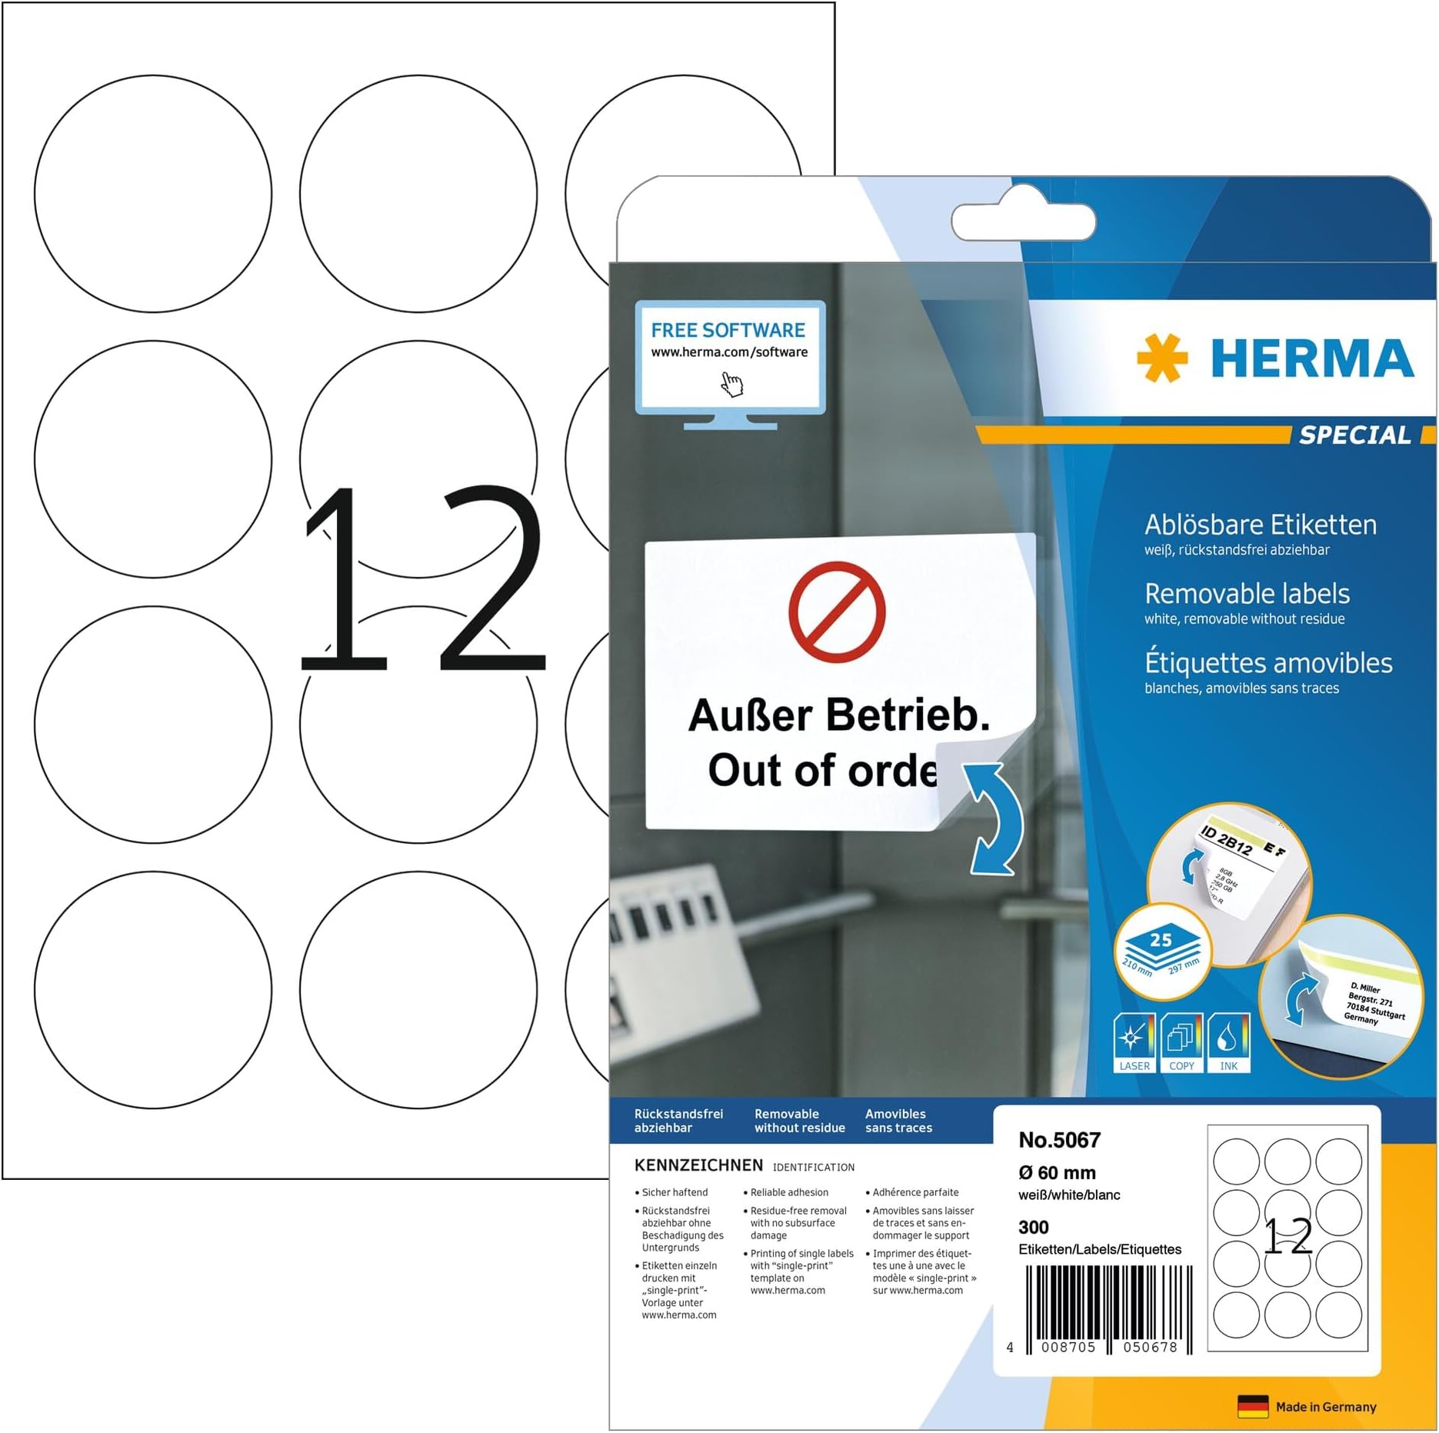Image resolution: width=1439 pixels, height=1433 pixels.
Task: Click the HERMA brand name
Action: click(x=1312, y=358)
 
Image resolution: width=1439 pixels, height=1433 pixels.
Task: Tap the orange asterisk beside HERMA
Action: click(x=1162, y=358)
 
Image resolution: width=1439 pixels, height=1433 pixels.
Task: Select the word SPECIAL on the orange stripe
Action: click(x=1355, y=435)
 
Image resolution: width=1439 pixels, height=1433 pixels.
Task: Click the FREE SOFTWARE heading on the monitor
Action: click(x=728, y=330)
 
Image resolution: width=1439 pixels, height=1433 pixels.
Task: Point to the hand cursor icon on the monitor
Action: click(x=732, y=384)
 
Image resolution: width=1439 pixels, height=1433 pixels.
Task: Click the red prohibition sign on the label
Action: click(x=837, y=612)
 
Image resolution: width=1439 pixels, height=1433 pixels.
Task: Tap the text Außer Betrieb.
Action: click(x=838, y=715)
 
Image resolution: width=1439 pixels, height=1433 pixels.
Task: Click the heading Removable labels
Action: click(x=1247, y=594)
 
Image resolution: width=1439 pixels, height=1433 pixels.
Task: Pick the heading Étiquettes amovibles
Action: click(x=1268, y=663)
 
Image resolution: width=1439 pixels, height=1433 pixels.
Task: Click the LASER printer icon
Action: click(x=1134, y=1043)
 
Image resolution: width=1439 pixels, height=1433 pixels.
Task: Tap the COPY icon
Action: click(x=1181, y=1043)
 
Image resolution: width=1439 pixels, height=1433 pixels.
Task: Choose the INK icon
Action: click(x=1228, y=1043)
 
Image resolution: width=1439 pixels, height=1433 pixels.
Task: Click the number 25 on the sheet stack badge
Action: click(x=1161, y=940)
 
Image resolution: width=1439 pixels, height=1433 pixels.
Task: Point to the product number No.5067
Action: click(x=1059, y=1140)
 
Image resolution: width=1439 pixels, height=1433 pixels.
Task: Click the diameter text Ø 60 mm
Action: click(x=1057, y=1173)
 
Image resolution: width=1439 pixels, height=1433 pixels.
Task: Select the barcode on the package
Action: click(x=1108, y=1308)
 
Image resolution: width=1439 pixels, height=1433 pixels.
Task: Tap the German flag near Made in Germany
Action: click(x=1253, y=1407)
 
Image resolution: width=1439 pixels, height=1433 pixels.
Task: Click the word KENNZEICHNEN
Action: click(x=698, y=1165)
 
